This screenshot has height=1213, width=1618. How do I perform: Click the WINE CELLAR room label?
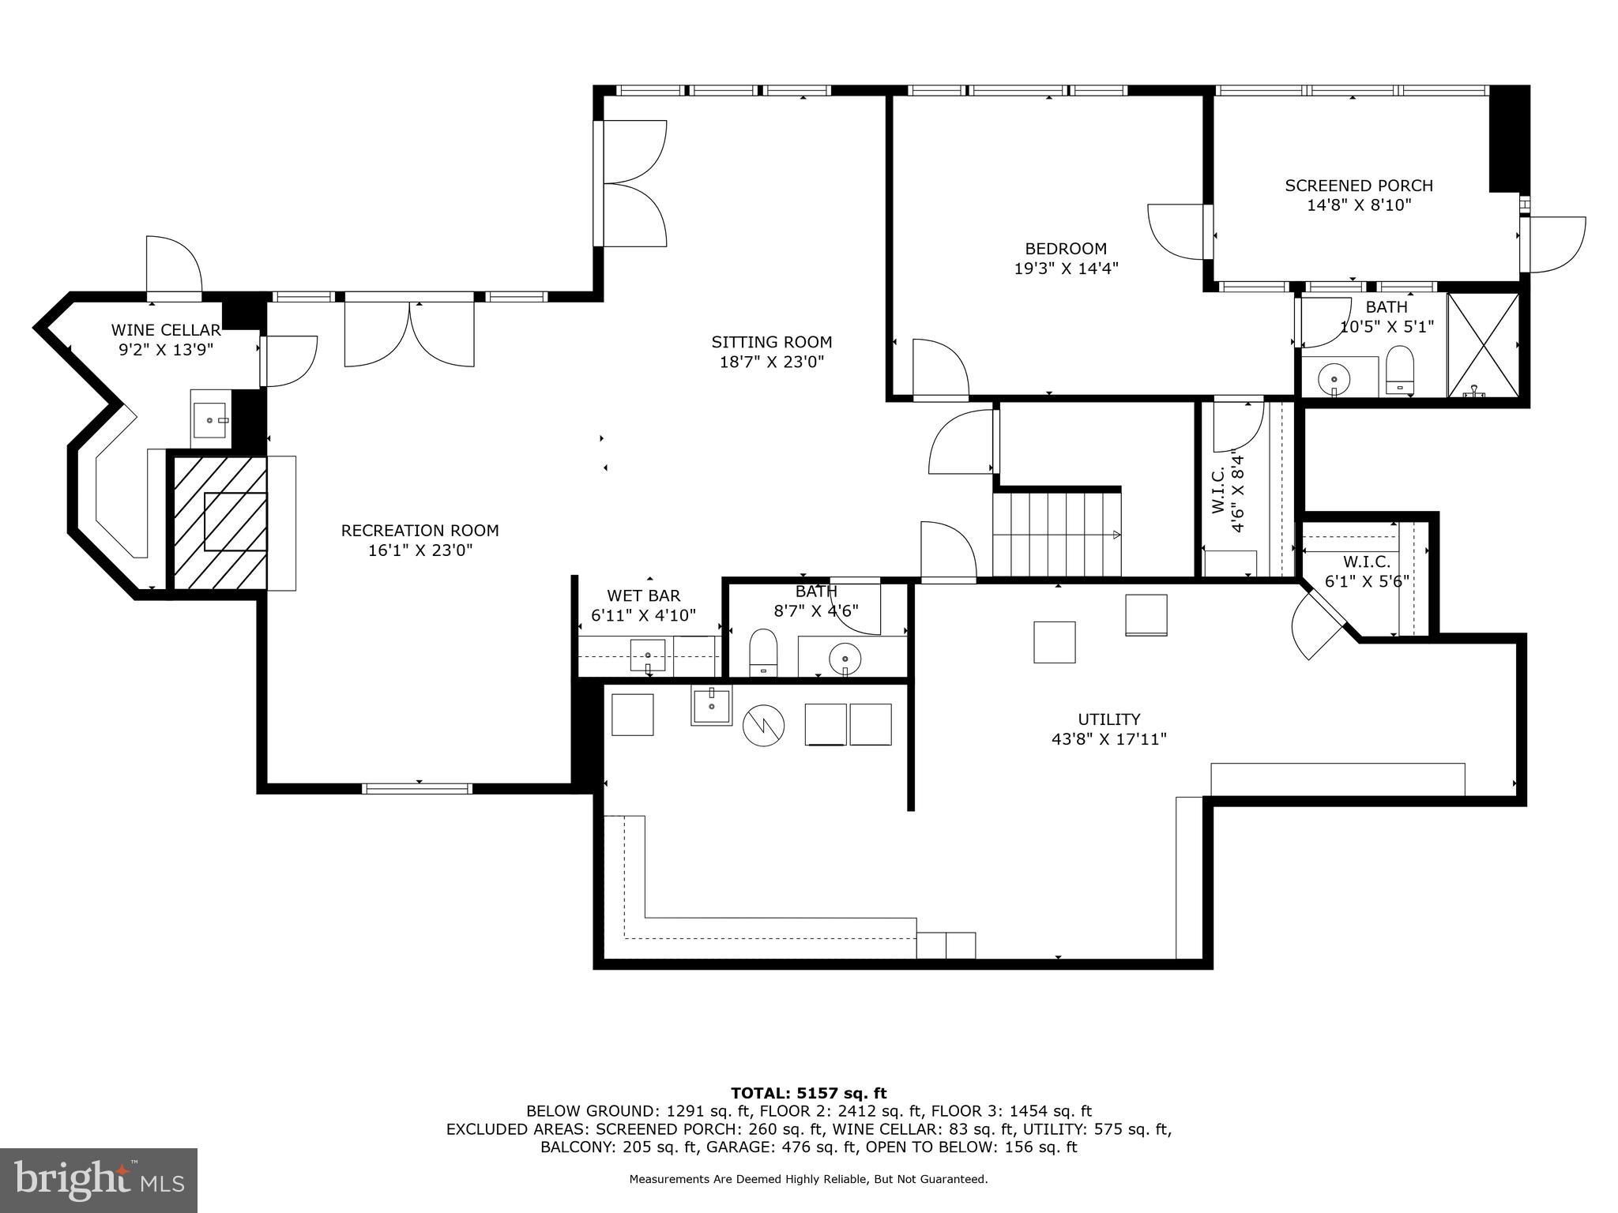click(x=166, y=330)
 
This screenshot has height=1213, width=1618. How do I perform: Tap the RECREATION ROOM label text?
click(x=420, y=531)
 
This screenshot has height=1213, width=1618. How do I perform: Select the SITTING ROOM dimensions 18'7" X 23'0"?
click(x=771, y=362)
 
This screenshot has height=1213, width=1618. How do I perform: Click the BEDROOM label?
click(x=1066, y=249)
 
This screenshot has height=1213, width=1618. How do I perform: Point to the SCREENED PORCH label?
click(x=1358, y=186)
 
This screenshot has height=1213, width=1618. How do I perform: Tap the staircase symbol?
click(x=1056, y=534)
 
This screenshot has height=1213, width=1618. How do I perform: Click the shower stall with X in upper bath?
click(x=1483, y=345)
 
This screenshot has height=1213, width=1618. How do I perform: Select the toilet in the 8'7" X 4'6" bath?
click(x=762, y=651)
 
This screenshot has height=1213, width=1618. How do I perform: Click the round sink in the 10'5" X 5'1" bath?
click(x=1334, y=379)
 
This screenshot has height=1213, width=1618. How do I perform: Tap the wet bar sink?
click(x=647, y=655)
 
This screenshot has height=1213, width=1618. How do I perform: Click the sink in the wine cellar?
click(x=210, y=419)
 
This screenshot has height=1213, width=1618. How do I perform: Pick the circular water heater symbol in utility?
click(x=763, y=727)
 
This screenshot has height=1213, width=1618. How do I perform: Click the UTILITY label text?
click(x=1108, y=719)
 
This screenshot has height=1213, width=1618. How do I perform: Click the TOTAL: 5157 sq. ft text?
click(x=808, y=1093)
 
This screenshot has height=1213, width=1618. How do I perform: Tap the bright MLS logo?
click(x=99, y=1180)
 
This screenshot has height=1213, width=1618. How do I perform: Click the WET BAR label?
click(x=643, y=595)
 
